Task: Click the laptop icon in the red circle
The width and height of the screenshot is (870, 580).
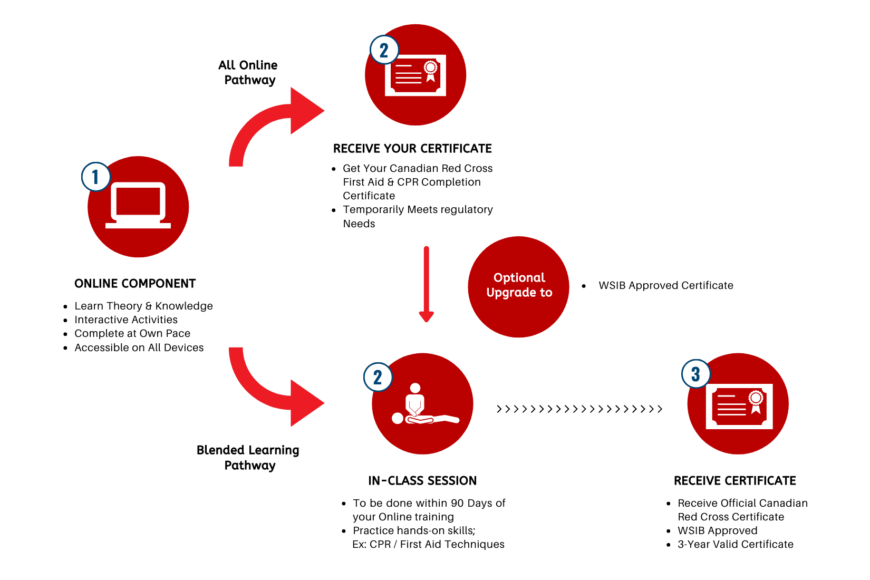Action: coord(138,206)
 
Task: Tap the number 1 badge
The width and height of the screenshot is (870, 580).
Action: coord(95,177)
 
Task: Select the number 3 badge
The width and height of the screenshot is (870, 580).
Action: coord(695,374)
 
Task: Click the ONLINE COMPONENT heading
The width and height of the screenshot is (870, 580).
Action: coord(135,284)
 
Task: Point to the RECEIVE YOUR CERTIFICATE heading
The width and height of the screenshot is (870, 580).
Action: coord(412,149)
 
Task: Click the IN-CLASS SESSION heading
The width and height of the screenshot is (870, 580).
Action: coord(422,480)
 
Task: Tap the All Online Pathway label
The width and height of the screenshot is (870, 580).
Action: coord(248,73)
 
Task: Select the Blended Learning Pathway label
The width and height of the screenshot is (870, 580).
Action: coord(248,457)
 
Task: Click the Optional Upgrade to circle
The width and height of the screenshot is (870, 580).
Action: coord(519,286)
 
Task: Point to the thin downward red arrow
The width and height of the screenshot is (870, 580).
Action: coord(426,285)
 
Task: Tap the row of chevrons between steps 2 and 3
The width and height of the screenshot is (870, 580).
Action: coord(579,409)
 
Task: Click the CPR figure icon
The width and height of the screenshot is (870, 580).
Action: coord(422,405)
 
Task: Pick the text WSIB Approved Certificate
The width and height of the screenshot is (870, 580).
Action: coord(665,285)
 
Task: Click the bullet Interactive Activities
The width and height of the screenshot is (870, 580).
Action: coord(126,320)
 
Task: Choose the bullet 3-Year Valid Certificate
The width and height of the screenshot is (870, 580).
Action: coord(735,544)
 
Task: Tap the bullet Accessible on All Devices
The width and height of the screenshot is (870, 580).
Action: coord(139,347)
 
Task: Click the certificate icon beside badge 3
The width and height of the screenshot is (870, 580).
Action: coord(739,406)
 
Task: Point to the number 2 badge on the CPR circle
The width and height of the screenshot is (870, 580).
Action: coord(378,378)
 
